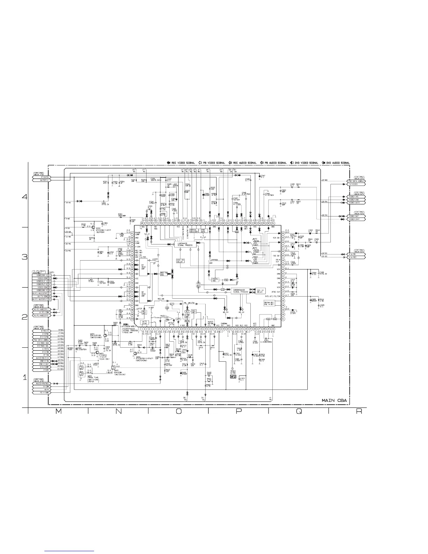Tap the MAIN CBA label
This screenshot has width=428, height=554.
[x=335, y=400]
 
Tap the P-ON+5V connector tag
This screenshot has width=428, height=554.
[x=41, y=177]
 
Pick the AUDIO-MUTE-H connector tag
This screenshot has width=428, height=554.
[x=41, y=358]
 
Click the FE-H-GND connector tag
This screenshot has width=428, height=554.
[x=41, y=393]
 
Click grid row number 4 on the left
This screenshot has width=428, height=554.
[x=24, y=197]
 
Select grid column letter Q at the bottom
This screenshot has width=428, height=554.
[x=298, y=412]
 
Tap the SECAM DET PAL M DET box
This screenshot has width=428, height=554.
[x=271, y=303]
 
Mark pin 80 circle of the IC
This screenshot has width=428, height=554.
[x=142, y=223]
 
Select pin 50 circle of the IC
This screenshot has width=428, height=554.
[x=283, y=233]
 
